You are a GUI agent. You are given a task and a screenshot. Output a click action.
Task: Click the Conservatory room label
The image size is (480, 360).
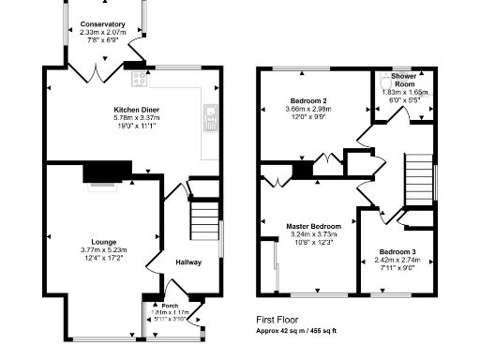[103, 24]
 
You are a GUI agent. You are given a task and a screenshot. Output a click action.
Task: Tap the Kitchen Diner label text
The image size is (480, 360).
[136, 111]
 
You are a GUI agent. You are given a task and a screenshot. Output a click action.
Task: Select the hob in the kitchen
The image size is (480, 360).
[140, 78]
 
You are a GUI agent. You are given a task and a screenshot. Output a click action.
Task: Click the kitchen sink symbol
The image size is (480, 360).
[208, 117]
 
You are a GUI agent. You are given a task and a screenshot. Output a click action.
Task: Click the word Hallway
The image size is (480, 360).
[188, 262]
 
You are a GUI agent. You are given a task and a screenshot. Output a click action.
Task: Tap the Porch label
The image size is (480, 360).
[170, 306]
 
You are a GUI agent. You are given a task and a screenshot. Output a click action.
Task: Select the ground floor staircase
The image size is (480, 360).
[203, 223]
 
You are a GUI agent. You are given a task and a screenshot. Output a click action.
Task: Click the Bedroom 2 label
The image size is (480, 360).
[308, 100]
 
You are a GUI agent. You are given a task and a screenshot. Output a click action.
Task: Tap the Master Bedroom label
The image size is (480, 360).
[314, 226]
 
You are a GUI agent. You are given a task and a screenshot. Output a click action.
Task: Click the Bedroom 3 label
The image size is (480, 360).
[398, 252]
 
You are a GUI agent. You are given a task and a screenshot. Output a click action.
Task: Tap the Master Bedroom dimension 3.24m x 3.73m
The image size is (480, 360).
[314, 234]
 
